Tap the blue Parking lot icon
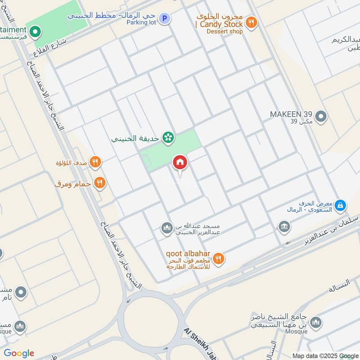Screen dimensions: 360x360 coord(165,18)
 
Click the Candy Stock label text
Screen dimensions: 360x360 coord(219,24)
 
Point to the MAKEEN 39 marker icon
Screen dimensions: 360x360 coord(320,117)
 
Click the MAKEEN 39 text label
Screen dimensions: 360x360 coord(291,114)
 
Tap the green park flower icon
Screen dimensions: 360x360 coord(168,138)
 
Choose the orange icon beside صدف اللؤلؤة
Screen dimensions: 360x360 coord(95,162)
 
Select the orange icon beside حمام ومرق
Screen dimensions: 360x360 coord(100,183)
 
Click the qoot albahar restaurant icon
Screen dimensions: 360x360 coord(219,258)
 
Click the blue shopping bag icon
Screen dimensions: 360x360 coord(341,206)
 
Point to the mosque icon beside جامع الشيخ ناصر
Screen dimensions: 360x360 coord(316,322)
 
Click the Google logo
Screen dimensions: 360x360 coord(19,353)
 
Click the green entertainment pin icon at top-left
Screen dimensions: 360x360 coord(36,32)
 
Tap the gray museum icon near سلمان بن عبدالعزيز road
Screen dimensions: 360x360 coord(284,226)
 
